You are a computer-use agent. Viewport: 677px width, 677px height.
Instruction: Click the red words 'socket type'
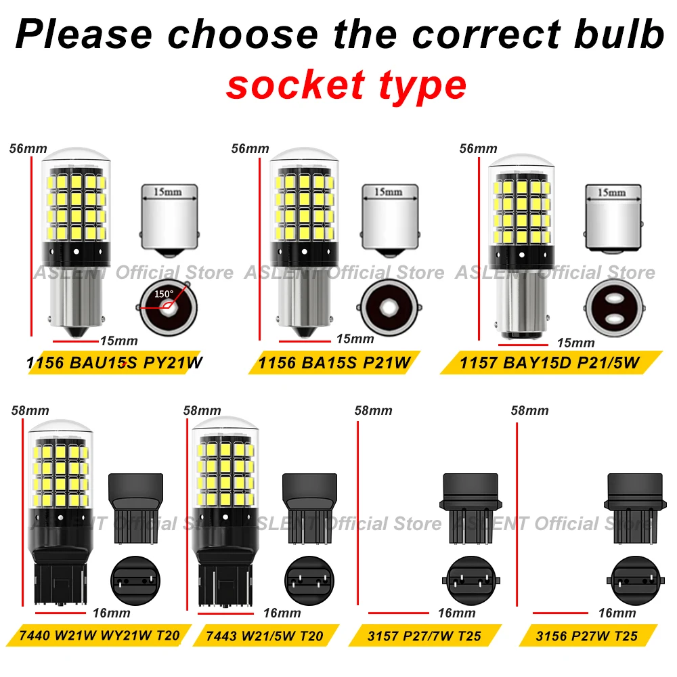point(346,85)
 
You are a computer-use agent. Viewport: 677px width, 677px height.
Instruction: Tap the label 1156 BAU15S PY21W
point(114,363)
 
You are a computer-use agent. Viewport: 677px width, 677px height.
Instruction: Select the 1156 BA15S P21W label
point(334,363)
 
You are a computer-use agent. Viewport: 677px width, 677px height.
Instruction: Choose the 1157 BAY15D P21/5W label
point(549,363)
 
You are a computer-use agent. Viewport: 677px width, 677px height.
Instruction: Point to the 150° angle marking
point(164,294)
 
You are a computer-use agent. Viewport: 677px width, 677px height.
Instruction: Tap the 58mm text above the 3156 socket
point(530,410)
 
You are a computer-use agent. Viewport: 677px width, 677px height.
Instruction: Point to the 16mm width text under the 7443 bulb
point(282,613)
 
